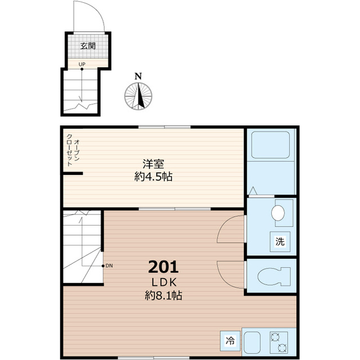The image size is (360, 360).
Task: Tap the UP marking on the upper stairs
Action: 82,64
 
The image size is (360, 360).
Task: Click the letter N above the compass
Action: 138,77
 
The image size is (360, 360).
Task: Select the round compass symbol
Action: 138,96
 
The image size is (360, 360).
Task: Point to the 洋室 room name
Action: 153,164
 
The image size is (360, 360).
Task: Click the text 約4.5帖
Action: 153,177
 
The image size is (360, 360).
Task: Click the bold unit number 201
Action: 163,265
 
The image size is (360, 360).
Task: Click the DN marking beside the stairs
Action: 108,265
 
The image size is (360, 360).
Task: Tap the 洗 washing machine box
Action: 280,242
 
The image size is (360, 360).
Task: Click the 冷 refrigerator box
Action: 229,340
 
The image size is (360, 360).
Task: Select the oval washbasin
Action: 277,213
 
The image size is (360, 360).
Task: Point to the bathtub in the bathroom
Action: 271,145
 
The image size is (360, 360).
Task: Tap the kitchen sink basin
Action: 251,341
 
